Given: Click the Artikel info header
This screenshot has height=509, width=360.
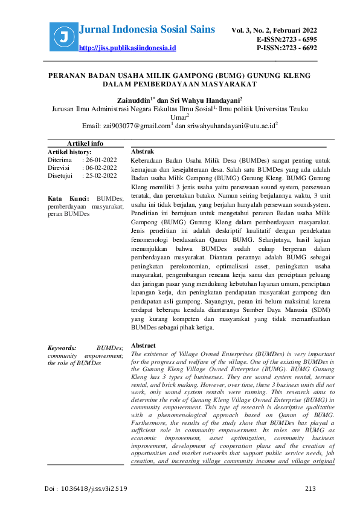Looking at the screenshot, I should point(85,143).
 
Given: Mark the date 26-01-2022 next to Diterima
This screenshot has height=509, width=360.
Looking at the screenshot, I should point(101,160).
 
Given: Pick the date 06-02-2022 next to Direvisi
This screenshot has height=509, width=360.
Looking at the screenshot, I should point(101,168).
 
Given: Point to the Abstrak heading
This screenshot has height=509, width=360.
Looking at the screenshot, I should point(143,151).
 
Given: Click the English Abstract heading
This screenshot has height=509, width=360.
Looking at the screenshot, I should point(144,345).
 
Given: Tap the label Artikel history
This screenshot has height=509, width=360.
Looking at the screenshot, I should point(69,152).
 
